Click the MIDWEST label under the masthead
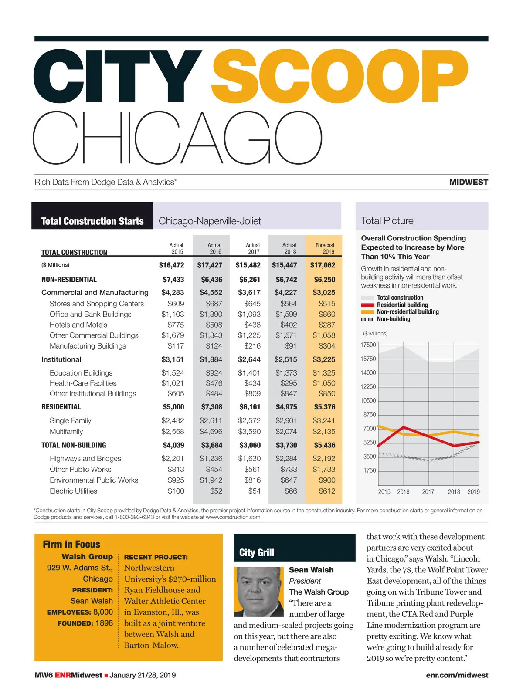click(469, 182)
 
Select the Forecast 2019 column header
click(325, 248)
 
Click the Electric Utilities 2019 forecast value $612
click(327, 491)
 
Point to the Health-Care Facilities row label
click(83, 383)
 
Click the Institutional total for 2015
click(173, 359)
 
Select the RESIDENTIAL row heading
click(61, 407)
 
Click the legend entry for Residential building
click(402, 305)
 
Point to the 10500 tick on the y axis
click(368, 400)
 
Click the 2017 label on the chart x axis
click(428, 491)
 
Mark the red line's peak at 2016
click(404, 427)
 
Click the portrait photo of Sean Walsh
click(259, 592)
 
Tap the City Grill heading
click(257, 552)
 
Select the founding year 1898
click(104, 623)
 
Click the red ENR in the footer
click(63, 675)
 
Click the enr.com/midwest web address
click(457, 675)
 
